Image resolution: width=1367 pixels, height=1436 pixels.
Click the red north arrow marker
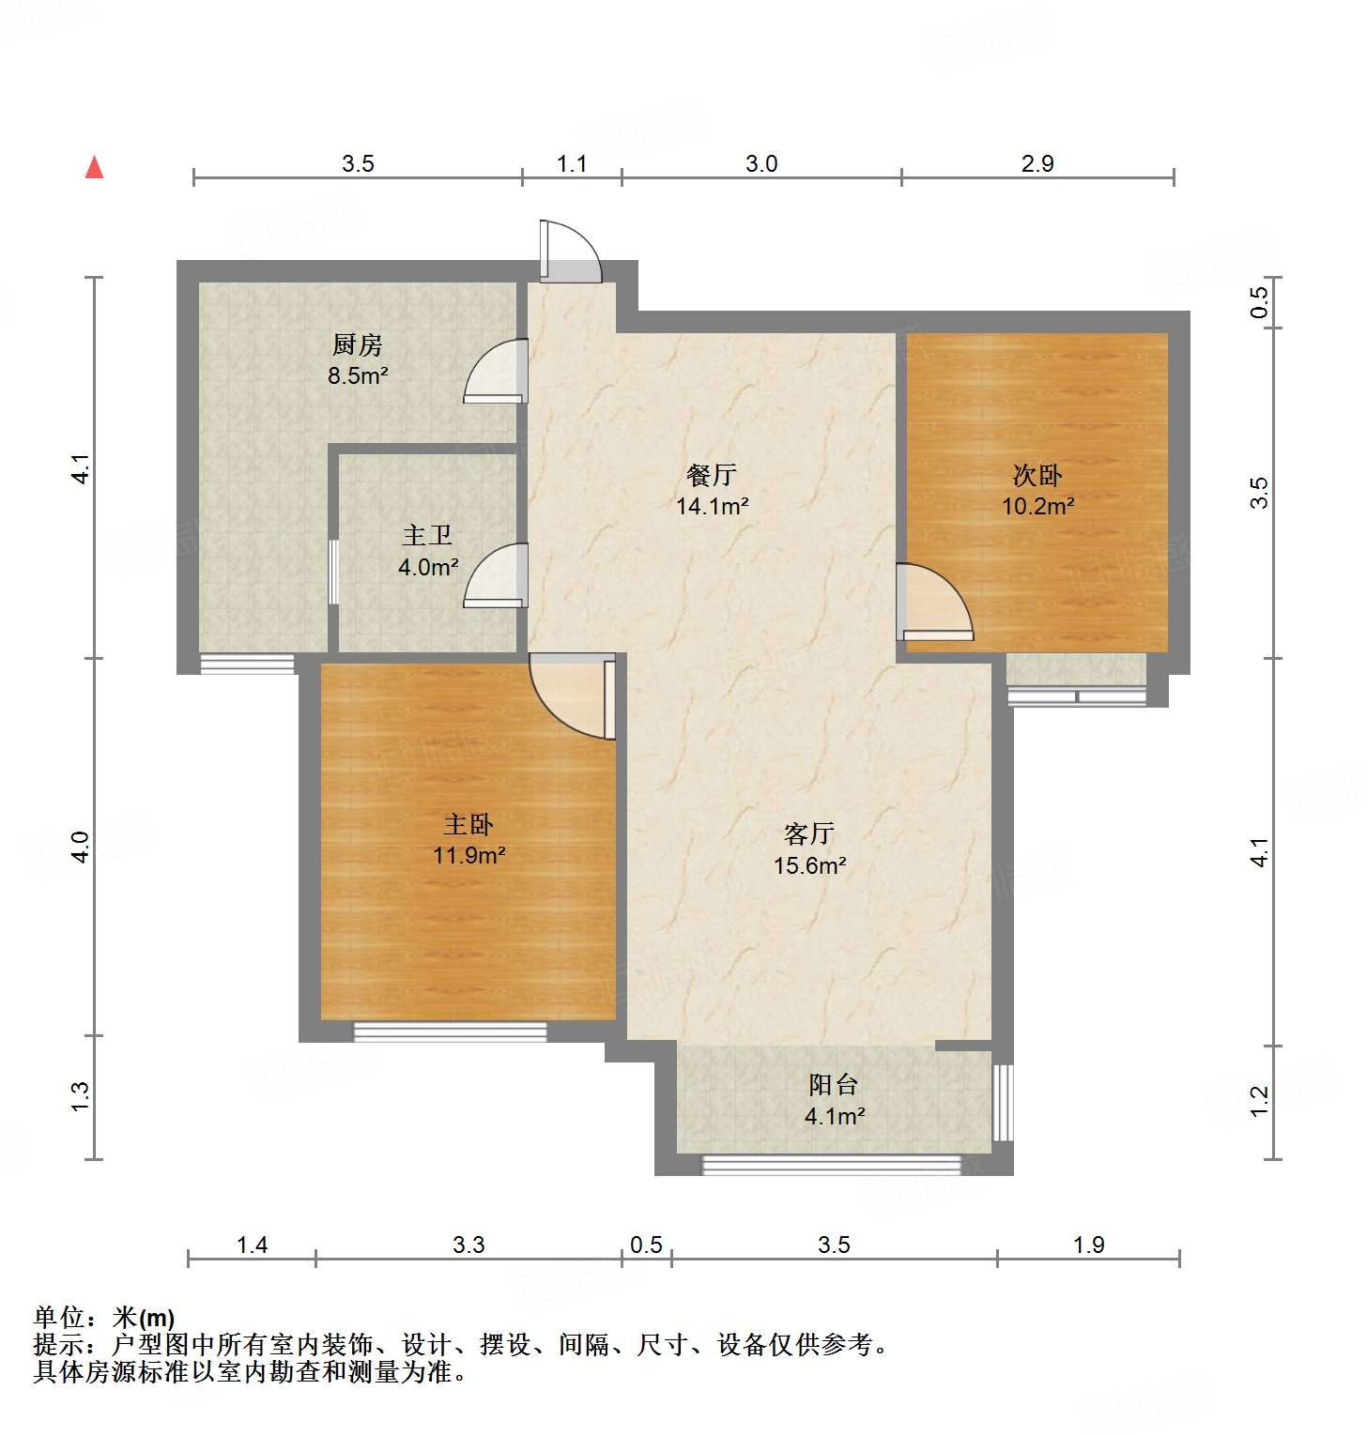pos(94,167)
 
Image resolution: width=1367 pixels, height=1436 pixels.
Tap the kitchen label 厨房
pos(358,344)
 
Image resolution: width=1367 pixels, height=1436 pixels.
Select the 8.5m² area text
pos(358,375)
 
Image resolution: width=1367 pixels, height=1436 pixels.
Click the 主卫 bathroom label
pos(427,535)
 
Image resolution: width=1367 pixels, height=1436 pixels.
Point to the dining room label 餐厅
pos(712,475)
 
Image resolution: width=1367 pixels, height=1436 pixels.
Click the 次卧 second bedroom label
pos(1037,475)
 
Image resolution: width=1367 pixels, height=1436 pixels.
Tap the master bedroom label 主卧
pos(468,824)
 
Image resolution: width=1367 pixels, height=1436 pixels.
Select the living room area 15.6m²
pos(809,865)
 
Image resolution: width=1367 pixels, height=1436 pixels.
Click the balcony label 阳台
pos(834,1084)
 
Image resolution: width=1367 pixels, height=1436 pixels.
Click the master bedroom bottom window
pos(450,1031)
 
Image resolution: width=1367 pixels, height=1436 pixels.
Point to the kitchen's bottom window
pos(248,665)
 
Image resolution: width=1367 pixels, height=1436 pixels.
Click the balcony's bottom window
pos(832,1165)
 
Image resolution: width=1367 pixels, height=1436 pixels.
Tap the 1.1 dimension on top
pos(572,164)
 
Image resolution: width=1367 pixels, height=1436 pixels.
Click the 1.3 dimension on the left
pos(81,1097)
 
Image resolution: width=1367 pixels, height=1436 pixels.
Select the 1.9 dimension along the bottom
pos(1088,1245)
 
